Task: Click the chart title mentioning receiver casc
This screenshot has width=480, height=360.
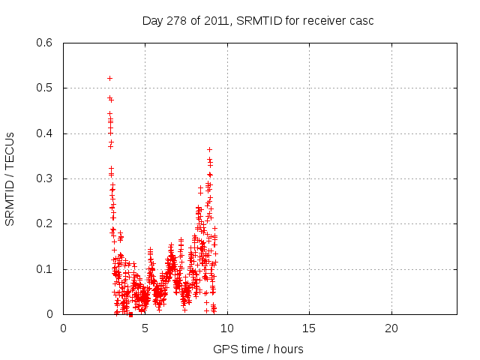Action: point(258,20)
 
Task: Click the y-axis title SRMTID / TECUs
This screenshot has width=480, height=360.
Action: point(10,178)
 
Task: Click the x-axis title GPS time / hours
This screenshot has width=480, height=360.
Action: point(258,349)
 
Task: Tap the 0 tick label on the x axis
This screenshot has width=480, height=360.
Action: point(63,328)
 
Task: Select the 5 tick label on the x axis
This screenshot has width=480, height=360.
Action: point(145,328)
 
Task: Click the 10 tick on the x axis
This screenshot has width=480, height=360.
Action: point(227,328)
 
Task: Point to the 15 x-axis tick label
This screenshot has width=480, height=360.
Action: point(309,328)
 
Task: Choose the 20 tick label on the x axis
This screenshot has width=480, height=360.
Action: point(391,328)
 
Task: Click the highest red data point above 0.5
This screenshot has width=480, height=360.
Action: point(109,78)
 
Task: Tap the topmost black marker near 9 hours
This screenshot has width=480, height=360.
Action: point(209,149)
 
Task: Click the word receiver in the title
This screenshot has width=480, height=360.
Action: point(322,20)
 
